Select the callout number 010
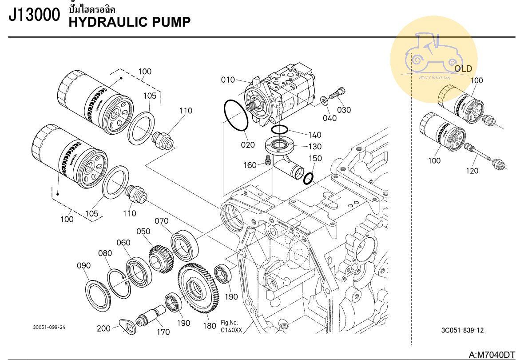tap(228, 80)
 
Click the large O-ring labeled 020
tap(236, 116)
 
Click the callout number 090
tap(83, 266)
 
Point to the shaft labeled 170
tap(149, 317)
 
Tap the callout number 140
tap(315, 135)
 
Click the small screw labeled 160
tap(268, 160)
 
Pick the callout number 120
tap(472, 171)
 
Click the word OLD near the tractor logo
tap(463, 69)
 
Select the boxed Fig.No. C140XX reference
tap(231, 327)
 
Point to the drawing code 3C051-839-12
tap(462, 330)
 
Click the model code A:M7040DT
tap(492, 355)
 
